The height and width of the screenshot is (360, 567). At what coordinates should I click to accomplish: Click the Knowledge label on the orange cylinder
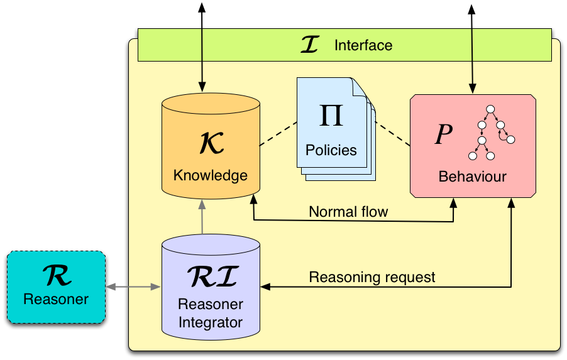coord(211,175)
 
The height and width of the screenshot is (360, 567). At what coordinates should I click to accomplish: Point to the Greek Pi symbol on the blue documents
coord(331,116)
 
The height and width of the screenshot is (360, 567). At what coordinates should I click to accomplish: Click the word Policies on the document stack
coord(331,150)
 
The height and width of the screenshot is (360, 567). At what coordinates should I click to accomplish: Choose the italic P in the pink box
coord(444,134)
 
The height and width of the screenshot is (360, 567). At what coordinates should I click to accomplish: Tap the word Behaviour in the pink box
coord(472,177)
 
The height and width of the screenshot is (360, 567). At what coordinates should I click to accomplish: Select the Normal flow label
coord(348,212)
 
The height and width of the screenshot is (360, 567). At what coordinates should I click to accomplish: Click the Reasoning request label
coord(372,276)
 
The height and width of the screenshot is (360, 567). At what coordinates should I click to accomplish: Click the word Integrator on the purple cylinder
coord(211,324)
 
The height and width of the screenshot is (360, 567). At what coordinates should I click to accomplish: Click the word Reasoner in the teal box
coord(55,299)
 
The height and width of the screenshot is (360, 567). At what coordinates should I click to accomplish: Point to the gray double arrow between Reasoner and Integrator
coord(133,287)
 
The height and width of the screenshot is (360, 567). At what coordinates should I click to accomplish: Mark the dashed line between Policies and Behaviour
coord(392,134)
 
